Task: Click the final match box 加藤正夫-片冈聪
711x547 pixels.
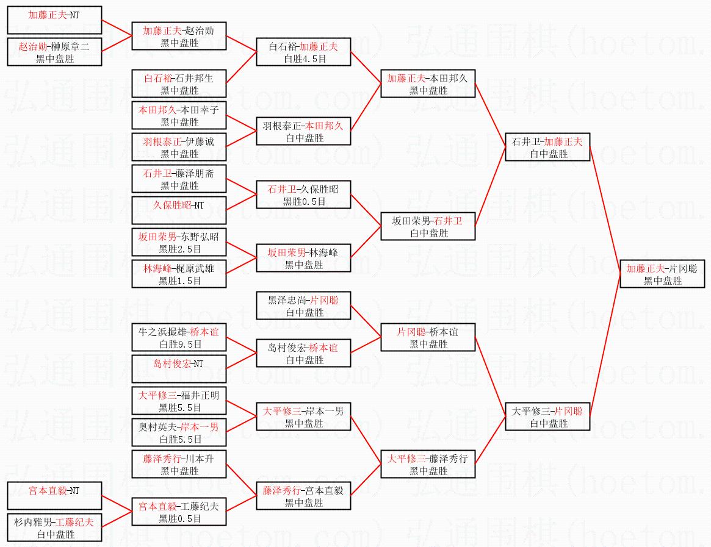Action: [x=662, y=274]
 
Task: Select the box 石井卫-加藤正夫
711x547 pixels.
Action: [x=547, y=148]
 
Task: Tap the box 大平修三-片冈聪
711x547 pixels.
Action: [x=547, y=417]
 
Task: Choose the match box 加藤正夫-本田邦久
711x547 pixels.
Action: [x=428, y=84]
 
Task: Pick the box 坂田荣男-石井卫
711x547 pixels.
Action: [x=428, y=227]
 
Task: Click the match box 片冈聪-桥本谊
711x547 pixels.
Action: [x=428, y=338]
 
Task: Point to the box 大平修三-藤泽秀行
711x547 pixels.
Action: [x=428, y=465]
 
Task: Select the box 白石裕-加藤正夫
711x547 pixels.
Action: [x=303, y=52]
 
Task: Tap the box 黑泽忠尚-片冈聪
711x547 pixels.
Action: [x=303, y=306]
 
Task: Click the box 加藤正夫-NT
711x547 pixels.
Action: [x=54, y=21]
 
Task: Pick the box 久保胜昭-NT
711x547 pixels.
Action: [x=179, y=211]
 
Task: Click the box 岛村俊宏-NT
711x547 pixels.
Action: [x=179, y=370]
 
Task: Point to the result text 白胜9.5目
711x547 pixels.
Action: [x=179, y=345]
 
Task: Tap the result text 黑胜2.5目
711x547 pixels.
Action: [x=179, y=249]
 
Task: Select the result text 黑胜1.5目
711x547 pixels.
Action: [x=179, y=281]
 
